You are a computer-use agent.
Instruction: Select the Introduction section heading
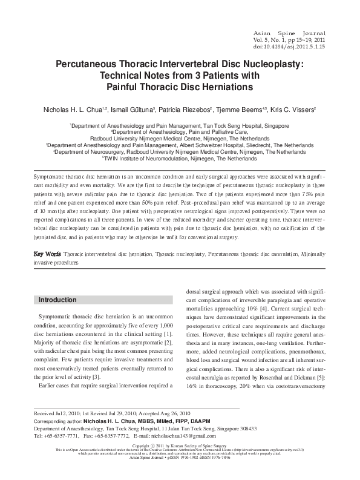(x=57, y=300)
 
